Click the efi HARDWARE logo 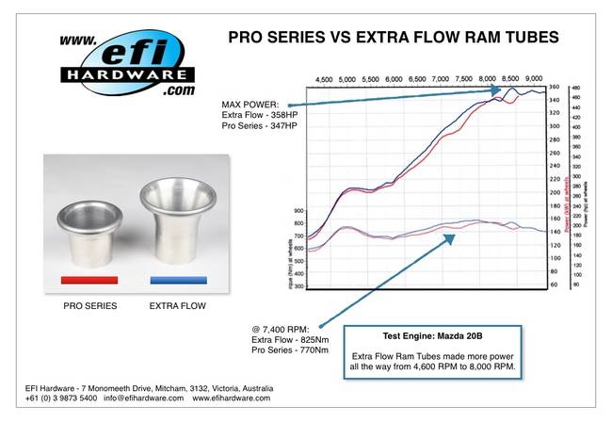pyautogui.click(x=127, y=64)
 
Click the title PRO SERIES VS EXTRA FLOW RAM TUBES pyautogui.click(x=395, y=38)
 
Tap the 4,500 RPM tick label pyautogui.click(x=324, y=79)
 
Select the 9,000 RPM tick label pyautogui.click(x=533, y=79)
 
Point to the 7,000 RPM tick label pyautogui.click(x=440, y=79)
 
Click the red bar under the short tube pyautogui.click(x=89, y=280)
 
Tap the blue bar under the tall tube pyautogui.click(x=177, y=280)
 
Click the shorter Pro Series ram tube pyautogui.click(x=89, y=231)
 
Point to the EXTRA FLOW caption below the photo pyautogui.click(x=177, y=306)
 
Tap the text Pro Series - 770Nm pyautogui.click(x=292, y=350)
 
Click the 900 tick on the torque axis pyautogui.click(x=300, y=210)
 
